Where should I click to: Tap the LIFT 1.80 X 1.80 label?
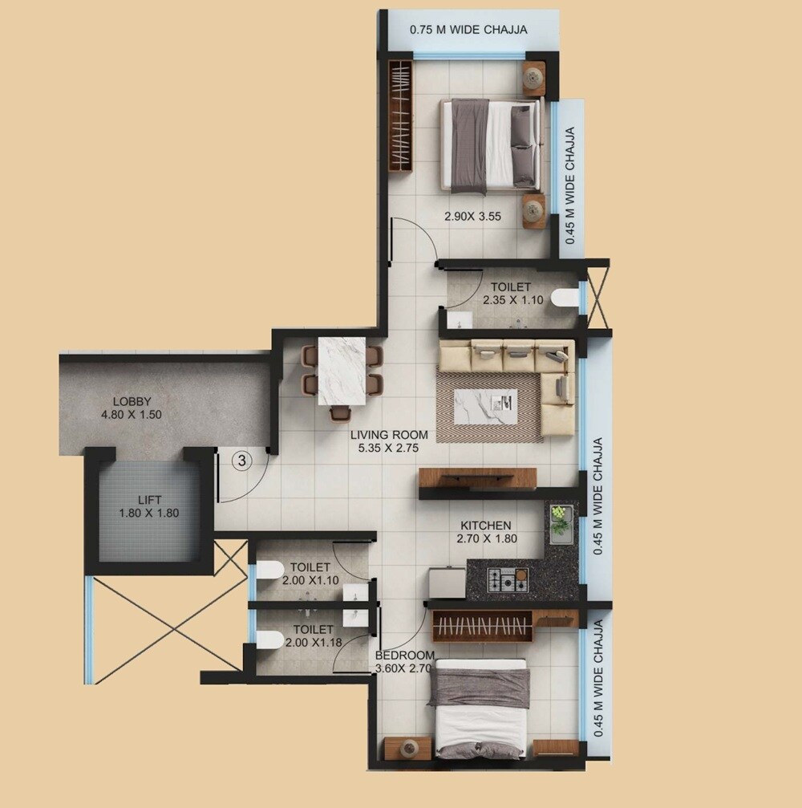tap(149, 506)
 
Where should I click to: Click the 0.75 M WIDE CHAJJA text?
tap(468, 30)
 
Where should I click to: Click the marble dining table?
tap(342, 371)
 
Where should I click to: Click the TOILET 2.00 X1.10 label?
tap(310, 573)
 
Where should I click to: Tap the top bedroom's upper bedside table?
tap(534, 76)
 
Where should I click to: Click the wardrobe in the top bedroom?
tap(401, 114)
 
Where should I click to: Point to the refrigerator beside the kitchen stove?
tap(448, 583)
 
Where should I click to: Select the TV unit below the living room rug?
tap(477, 478)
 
